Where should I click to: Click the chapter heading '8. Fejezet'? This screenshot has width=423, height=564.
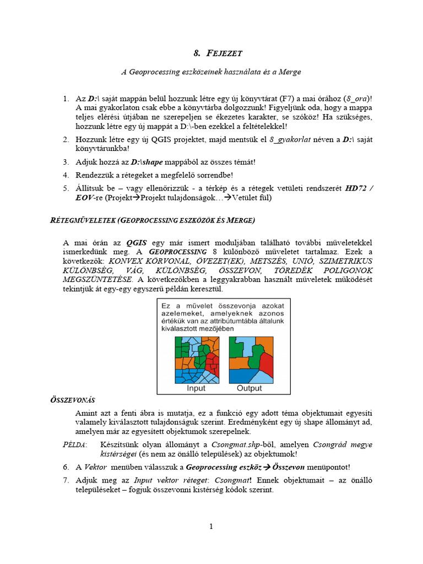(x=218, y=53)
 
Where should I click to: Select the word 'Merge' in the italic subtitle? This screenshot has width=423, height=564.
(x=289, y=72)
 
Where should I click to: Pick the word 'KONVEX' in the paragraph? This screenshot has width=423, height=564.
(x=124, y=261)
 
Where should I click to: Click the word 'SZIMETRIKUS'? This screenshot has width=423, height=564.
(x=345, y=261)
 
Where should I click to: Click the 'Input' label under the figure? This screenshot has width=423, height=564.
(x=196, y=388)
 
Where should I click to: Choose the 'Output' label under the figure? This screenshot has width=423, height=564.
(x=249, y=388)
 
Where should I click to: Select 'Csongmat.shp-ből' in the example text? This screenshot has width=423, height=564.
(x=239, y=444)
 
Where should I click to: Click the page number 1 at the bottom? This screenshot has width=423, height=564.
(x=211, y=527)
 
